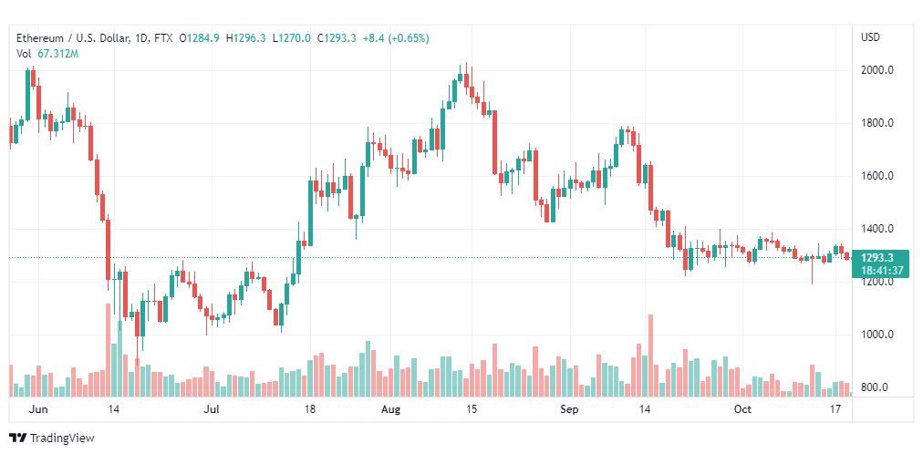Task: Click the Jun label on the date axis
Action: tap(37, 409)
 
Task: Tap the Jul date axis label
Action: tap(212, 409)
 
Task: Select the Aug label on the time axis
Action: tap(391, 409)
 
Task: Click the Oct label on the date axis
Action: tap(742, 409)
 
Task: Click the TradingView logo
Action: tap(52, 438)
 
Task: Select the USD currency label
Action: tap(870, 37)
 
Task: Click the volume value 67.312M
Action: tap(57, 54)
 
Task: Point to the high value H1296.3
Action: tap(250, 38)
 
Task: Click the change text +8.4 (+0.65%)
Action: tap(396, 38)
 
